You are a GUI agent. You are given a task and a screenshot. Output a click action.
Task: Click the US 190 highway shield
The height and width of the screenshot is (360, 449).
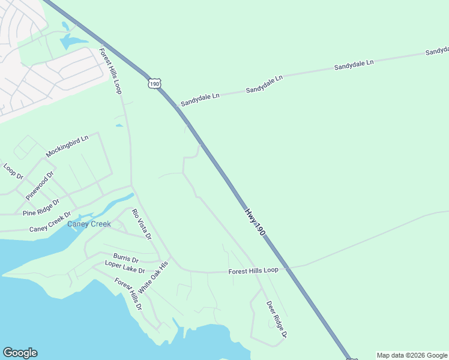(155, 83)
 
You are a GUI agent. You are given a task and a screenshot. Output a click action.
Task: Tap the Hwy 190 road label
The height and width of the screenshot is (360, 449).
(255, 221)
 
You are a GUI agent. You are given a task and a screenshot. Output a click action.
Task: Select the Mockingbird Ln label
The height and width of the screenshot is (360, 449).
(67, 146)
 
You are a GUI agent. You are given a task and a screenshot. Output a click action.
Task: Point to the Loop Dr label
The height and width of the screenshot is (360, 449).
(13, 172)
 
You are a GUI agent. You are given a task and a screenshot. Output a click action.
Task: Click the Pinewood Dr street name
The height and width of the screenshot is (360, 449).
(40, 185)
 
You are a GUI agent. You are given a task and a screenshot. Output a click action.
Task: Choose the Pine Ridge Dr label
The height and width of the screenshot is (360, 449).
(41, 208)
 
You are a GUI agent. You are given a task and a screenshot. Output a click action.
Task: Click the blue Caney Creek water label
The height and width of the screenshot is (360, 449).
(89, 224)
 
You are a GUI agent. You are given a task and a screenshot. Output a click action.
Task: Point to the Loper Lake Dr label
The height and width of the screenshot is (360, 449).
(125, 267)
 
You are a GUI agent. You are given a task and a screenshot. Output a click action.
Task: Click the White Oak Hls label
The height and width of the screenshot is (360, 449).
(159, 277)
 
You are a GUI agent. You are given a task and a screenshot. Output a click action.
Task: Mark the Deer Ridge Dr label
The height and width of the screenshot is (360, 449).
(277, 319)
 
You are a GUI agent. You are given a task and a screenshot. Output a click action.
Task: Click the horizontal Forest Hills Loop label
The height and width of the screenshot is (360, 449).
(253, 271)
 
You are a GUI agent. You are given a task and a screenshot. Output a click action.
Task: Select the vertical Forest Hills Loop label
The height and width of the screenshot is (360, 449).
(110, 71)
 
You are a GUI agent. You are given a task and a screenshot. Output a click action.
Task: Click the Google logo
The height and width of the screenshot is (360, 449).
(20, 353)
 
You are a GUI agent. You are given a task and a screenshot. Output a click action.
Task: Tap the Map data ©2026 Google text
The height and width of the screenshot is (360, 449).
(412, 355)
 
